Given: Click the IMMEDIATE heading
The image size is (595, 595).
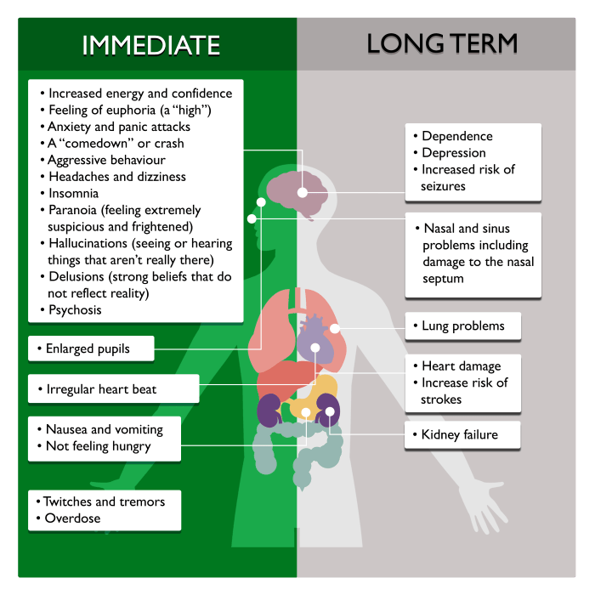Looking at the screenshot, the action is point(151,45).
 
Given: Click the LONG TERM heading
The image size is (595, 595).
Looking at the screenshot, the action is point(442,43).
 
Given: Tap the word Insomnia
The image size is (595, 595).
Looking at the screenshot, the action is point(74,193).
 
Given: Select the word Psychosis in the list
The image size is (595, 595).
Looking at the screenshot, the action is point(75,310).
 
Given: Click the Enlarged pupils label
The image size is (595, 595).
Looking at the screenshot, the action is point(88,348).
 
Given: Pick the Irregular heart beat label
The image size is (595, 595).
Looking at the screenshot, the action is point(101,389).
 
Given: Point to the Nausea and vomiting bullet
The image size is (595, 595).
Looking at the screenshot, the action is point(105,429).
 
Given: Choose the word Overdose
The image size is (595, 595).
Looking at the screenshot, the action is point(72,518).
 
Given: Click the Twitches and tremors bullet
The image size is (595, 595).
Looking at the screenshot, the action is point(104,501).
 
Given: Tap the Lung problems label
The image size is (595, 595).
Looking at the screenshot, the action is point(463,326).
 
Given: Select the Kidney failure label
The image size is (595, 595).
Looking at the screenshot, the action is point(460,434).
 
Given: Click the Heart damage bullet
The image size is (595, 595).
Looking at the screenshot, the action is point(461,366).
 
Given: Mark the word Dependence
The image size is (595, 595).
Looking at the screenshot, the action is point(457,136).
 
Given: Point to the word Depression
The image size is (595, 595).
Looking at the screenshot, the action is point(453,153).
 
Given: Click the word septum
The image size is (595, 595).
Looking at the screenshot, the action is point(443,279).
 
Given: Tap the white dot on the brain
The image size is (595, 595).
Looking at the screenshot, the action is point(302,192).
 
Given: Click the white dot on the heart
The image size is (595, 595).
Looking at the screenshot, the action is point(315,348).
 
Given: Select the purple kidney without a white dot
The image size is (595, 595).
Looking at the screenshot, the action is point(269,411).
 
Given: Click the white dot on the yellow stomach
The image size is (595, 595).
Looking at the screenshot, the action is point(306,412).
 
